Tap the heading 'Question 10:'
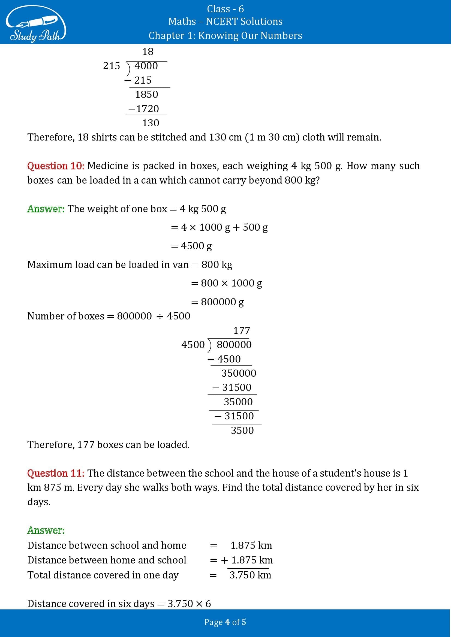click(56, 166)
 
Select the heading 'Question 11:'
click(56, 473)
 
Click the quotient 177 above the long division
click(242, 330)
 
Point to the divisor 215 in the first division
click(111, 66)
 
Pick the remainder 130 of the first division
click(151, 123)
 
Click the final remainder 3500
click(242, 430)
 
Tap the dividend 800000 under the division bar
click(234, 345)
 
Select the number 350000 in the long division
click(239, 373)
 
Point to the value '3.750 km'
click(250, 575)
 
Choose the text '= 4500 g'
click(191, 246)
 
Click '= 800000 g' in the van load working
click(217, 302)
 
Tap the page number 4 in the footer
click(227, 622)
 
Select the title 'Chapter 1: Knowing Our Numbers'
click(225, 35)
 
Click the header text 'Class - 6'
click(225, 9)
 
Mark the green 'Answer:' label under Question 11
click(46, 530)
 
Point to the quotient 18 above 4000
click(148, 51)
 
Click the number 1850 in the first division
click(146, 94)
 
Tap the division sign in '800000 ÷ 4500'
click(160, 316)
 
